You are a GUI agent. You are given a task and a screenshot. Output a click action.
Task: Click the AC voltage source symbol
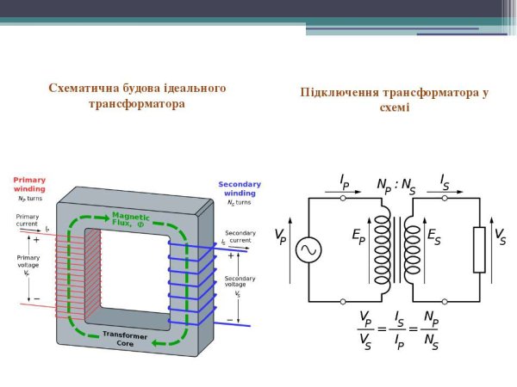(x=308, y=250)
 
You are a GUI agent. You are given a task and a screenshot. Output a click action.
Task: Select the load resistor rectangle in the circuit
(x=479, y=250)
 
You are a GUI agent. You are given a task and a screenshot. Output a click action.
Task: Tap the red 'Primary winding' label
(x=29, y=185)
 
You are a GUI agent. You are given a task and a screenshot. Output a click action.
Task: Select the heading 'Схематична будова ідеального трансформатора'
(x=137, y=96)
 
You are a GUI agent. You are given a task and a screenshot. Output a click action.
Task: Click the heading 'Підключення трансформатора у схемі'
(x=395, y=100)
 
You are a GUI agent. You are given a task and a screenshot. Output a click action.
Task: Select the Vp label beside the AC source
(x=280, y=236)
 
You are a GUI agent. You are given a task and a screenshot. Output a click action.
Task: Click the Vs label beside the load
(x=500, y=236)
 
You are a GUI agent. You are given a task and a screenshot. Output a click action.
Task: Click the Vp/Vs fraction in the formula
(x=365, y=329)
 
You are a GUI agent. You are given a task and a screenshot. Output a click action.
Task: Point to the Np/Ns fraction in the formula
(x=431, y=329)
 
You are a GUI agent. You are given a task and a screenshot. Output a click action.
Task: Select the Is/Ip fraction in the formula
(x=397, y=329)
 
